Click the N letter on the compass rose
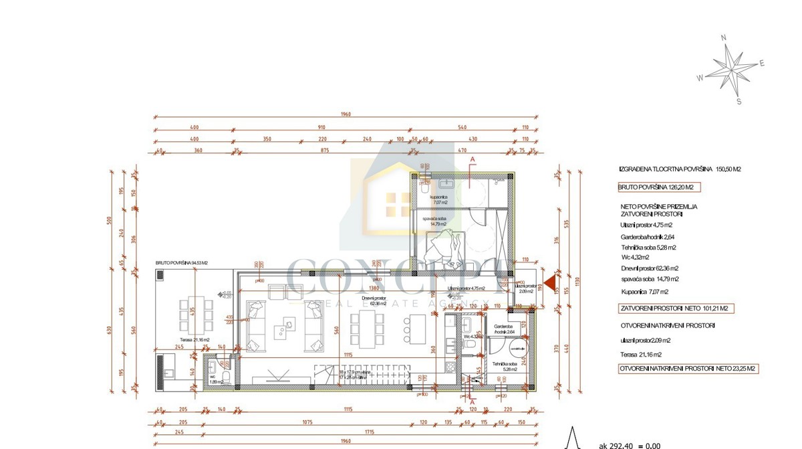pos(723,38)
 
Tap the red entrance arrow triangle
pos(549,284)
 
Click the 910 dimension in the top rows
pos(321,127)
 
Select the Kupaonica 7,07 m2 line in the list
pos(644,292)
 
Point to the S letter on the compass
pos(739,102)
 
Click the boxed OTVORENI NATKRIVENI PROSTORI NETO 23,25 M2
pos(688,368)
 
